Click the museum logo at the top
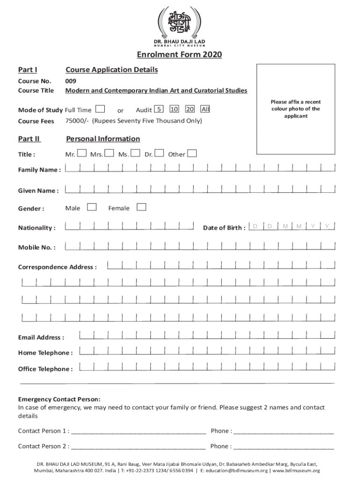tap(180, 23)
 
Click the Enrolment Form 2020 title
tap(179, 55)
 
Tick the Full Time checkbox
tap(100, 109)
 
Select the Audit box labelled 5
tap(159, 109)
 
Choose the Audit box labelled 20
tap(189, 109)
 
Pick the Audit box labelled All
tap(205, 109)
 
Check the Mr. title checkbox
tap(82, 153)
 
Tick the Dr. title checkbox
tap(159, 153)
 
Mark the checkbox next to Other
tap(192, 153)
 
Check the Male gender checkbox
tap(92, 207)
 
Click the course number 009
tap(71, 81)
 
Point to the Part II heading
tap(29, 139)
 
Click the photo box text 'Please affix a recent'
tap(295, 102)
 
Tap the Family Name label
tap(39, 170)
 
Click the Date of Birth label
tap(224, 228)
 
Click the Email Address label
tap(41, 337)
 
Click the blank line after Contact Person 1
tap(138, 431)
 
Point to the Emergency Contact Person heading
tap(59, 399)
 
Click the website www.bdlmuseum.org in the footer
tap(296, 471)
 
